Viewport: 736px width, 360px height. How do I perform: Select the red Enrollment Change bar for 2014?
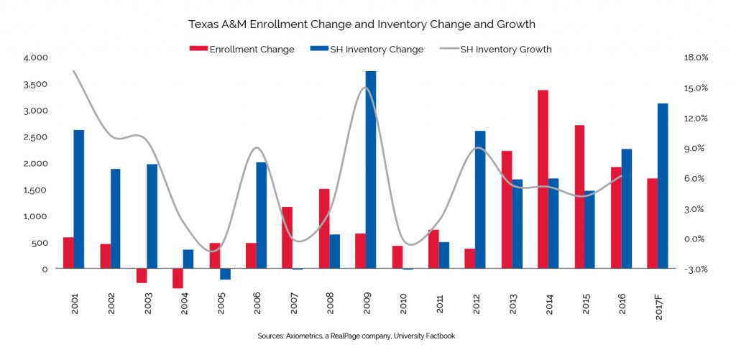pos(543,179)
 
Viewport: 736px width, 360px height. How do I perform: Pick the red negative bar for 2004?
pos(178,278)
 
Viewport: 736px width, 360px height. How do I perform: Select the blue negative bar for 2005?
pos(225,274)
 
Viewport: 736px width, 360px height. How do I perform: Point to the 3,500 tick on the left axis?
pos(35,84)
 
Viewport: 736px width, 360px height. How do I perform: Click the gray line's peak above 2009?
pos(365,88)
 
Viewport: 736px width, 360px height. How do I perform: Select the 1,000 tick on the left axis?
pos(35,216)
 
